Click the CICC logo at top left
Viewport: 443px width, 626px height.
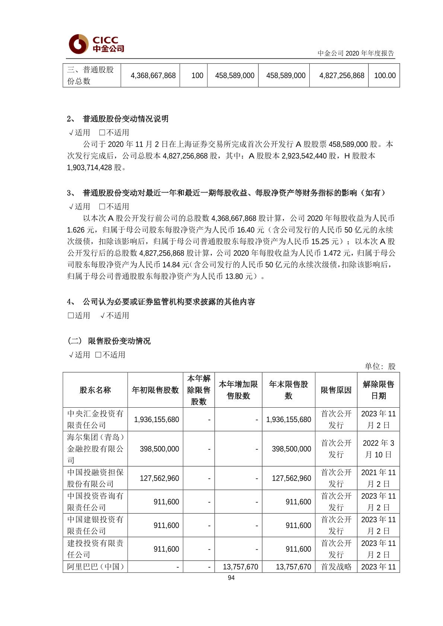(96, 44)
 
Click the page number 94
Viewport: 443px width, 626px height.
(231, 578)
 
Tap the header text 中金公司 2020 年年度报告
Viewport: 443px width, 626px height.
(356, 53)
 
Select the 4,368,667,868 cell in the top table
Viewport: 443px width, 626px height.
(153, 76)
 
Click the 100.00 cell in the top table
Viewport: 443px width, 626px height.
(385, 76)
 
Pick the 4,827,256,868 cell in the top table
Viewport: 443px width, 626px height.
(341, 76)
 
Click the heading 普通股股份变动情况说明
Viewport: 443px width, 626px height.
(125, 119)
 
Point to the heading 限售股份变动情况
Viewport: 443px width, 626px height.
(119, 341)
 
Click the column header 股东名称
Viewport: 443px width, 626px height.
(95, 390)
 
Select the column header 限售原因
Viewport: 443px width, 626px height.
(336, 390)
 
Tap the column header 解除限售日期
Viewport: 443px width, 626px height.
(378, 390)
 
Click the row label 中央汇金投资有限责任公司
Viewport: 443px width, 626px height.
(95, 419)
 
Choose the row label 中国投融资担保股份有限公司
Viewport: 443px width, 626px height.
(95, 478)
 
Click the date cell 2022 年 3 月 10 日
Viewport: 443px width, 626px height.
(378, 449)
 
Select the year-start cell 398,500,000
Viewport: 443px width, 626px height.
(159, 449)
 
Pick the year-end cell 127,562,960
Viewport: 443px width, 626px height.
(291, 478)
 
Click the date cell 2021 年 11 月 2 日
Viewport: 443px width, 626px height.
(378, 478)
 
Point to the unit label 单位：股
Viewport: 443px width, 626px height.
(380, 366)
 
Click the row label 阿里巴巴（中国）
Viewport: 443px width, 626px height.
(95, 566)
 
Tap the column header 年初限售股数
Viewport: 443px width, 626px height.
(155, 390)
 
